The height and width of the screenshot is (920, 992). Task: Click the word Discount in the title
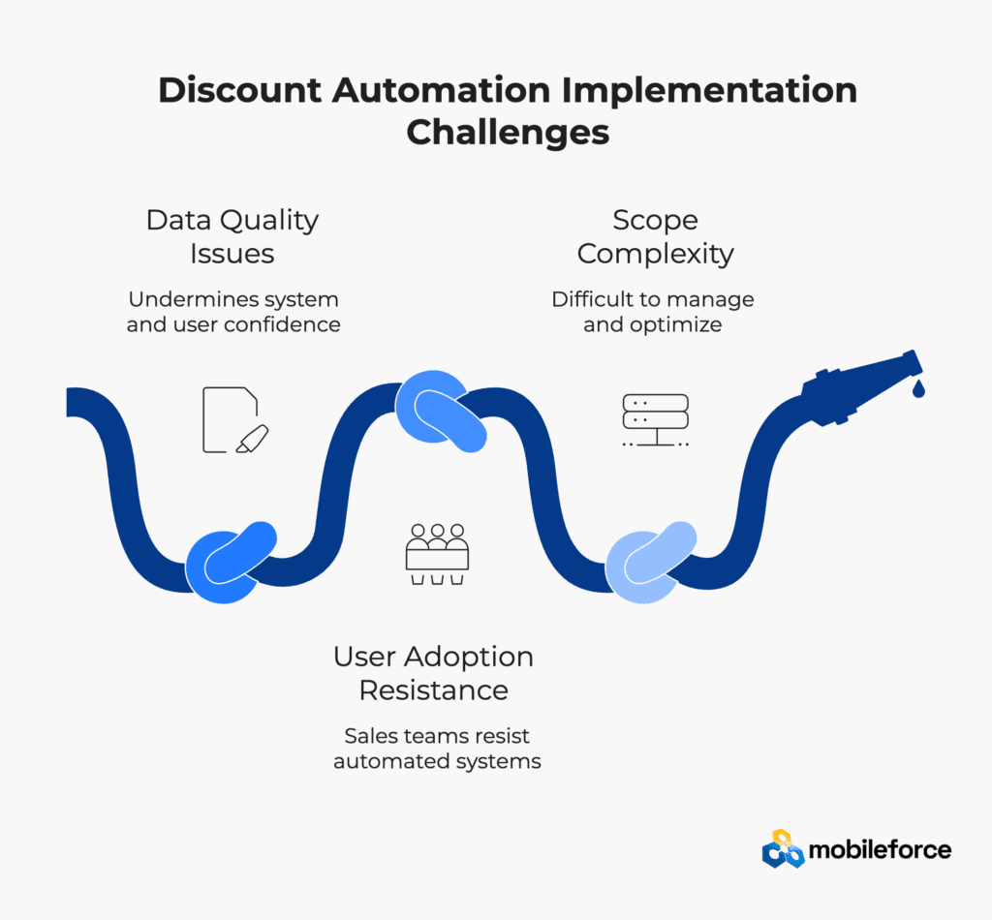coord(240,90)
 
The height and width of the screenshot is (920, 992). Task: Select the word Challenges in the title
coord(508,133)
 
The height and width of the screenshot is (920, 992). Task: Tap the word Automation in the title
coord(442,90)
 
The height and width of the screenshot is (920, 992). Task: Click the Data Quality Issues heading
coord(232,236)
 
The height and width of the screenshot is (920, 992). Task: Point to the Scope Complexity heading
coord(656,236)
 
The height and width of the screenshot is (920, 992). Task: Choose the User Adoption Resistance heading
coord(433,673)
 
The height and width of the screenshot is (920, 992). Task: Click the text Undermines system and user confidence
coord(233,312)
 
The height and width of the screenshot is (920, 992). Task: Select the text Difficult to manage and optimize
coord(653,312)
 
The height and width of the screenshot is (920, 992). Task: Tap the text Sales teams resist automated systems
coord(437,749)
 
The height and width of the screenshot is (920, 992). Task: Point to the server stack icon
coord(656,420)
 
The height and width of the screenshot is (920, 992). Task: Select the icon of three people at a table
coord(437,554)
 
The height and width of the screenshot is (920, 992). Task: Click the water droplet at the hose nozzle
coord(918,388)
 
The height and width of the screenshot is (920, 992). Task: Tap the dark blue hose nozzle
coord(861,387)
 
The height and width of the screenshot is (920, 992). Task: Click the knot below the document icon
coord(231,562)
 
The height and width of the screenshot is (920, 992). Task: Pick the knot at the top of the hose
coord(441,411)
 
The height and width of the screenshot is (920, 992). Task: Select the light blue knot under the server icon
coord(651,562)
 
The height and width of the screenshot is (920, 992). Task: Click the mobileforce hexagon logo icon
coord(783,848)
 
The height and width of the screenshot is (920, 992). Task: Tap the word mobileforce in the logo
coord(880,850)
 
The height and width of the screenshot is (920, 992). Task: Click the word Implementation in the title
coord(709,90)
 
